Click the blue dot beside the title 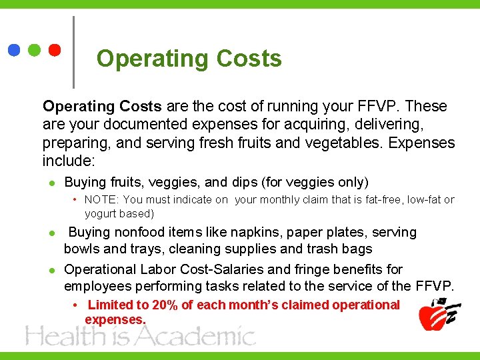[14, 50]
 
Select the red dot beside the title [55, 50]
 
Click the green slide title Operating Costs [189, 59]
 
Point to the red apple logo [438, 313]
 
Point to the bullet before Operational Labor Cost [51, 270]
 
